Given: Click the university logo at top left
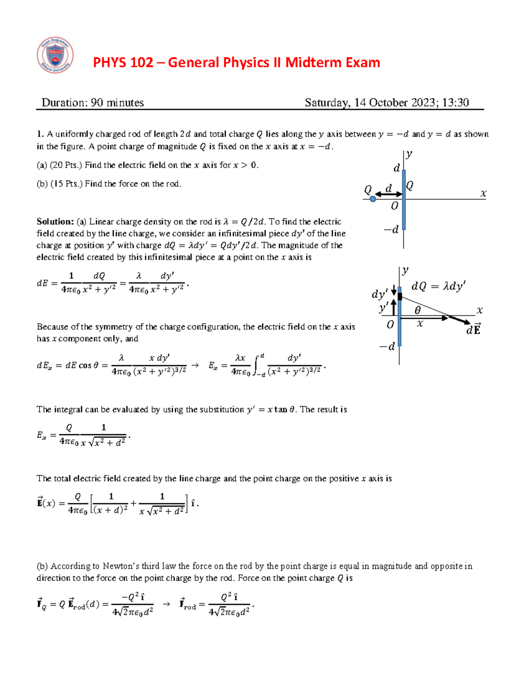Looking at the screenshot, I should click(55, 55).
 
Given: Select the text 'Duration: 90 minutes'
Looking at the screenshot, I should click(93, 103).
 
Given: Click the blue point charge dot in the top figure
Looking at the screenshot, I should click(373, 199).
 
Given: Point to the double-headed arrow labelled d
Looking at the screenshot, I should click(388, 194).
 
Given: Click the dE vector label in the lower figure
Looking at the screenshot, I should click(474, 329).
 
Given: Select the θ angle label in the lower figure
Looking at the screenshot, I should click(417, 311).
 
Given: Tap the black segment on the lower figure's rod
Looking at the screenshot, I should click(400, 296).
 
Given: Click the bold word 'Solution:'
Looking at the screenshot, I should click(55, 222).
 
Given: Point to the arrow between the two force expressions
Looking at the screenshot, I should click(166, 604).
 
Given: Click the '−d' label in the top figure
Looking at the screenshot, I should click(391, 229).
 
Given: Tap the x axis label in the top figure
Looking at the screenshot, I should click(483, 193).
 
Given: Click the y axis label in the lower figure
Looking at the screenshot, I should click(405, 271).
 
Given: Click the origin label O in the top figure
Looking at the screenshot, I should click(395, 206).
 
